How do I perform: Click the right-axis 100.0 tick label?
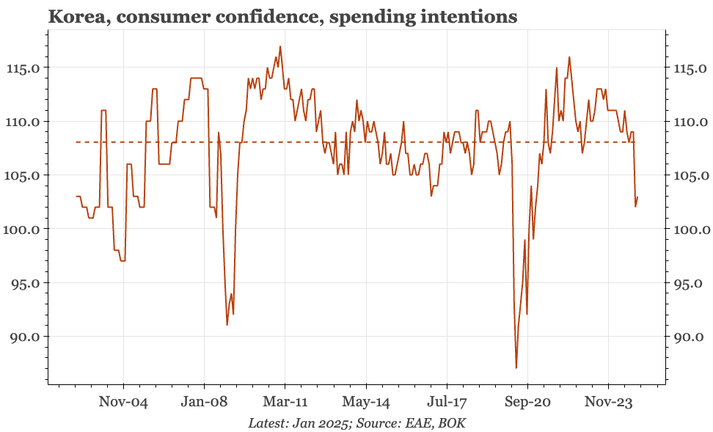pyautogui.click(x=691, y=229)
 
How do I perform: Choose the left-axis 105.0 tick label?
pyautogui.click(x=22, y=175)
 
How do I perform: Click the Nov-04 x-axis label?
pyautogui.click(x=123, y=402)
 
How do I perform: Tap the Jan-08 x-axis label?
pyautogui.click(x=204, y=402)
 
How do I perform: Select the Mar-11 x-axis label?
pyautogui.click(x=285, y=402)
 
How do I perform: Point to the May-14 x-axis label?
pyautogui.click(x=366, y=403)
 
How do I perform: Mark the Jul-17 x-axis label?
pyautogui.click(x=447, y=403)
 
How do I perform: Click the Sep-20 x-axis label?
pyautogui.click(x=527, y=403)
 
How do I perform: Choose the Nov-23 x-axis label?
pyautogui.click(x=608, y=402)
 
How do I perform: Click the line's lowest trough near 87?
pyautogui.click(x=516, y=368)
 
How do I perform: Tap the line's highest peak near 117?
pyautogui.click(x=280, y=46)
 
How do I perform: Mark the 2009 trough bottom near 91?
pyautogui.click(x=227, y=325)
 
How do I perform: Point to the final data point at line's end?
pyautogui.click(x=637, y=197)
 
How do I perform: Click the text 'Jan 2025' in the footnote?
pyautogui.click(x=323, y=423)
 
